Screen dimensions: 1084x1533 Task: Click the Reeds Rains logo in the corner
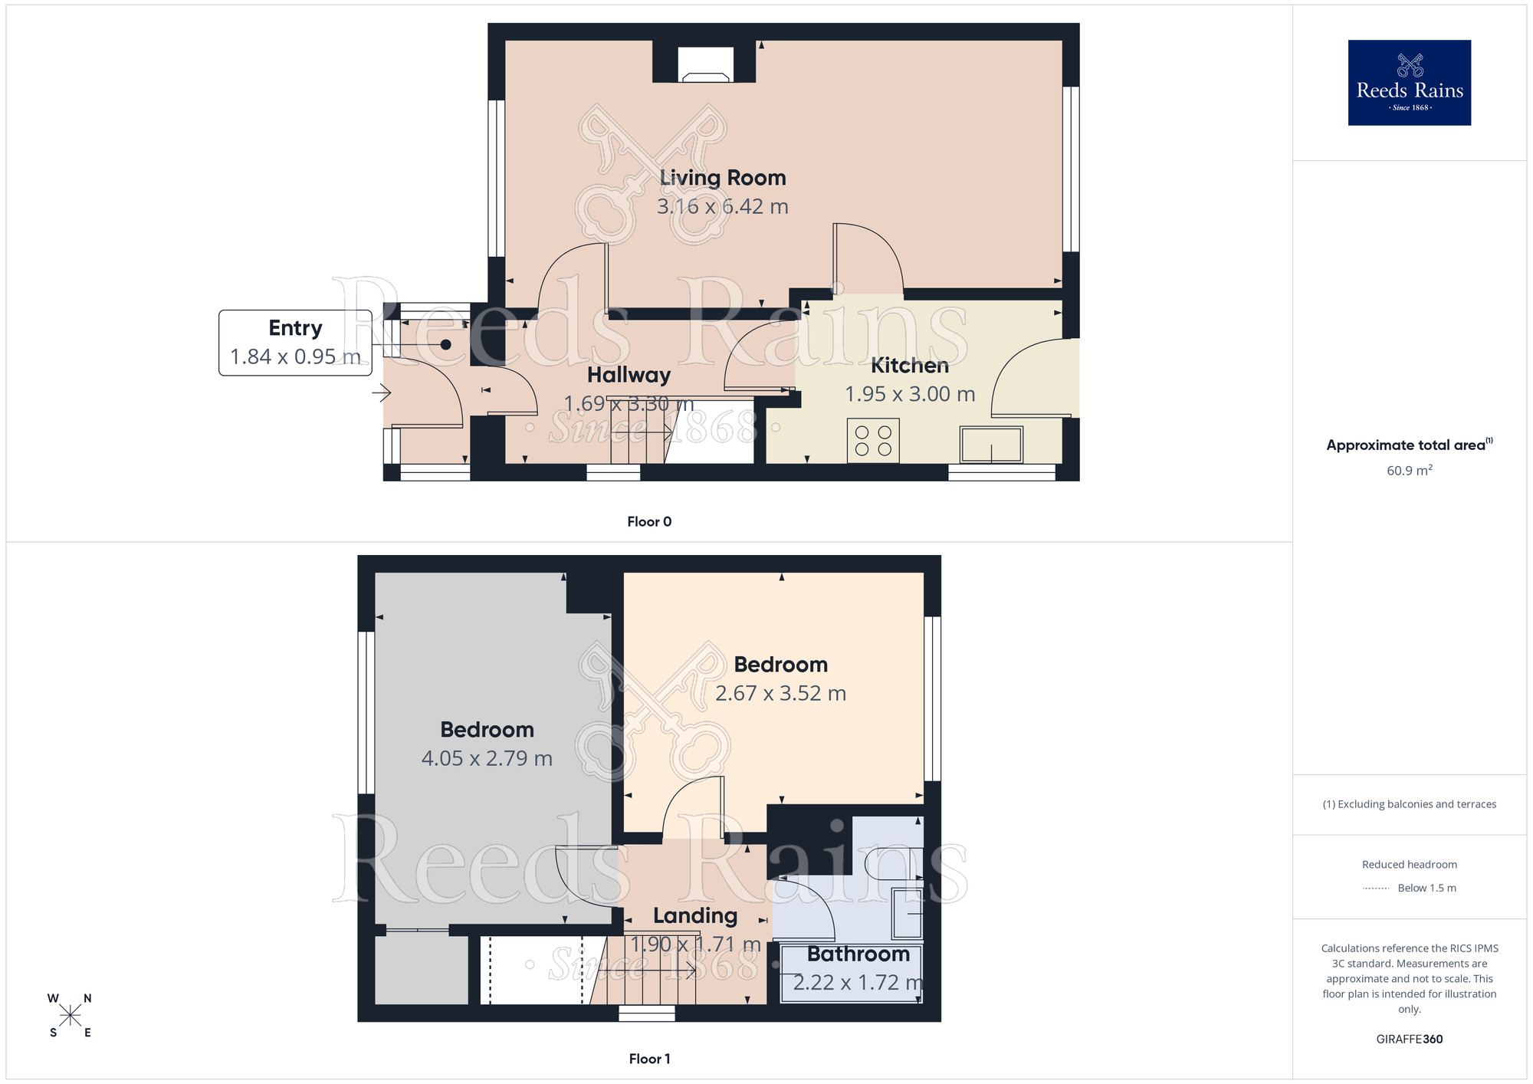coord(1409,83)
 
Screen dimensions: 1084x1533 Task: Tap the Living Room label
coord(723,178)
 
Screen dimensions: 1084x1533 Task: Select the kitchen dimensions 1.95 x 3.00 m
coord(910,394)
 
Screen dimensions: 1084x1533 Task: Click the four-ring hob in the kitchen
coord(873,441)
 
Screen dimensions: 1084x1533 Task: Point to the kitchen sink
coord(991,445)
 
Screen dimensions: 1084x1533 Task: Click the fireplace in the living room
coord(705,67)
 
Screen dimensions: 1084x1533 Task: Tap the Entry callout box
coord(295,343)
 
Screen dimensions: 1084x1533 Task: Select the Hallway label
coord(629,375)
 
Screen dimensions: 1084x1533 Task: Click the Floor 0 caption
coord(649,522)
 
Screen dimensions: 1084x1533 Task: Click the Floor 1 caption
coord(649,1059)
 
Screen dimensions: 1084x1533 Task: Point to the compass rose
coord(70,1016)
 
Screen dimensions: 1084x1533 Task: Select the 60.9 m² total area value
coord(1409,471)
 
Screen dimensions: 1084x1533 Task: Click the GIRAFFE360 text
coord(1409,1040)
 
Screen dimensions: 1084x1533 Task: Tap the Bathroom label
coord(858,954)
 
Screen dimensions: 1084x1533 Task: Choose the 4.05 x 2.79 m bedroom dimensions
coord(487,758)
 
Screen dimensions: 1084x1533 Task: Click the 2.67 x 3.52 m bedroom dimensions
coord(780,693)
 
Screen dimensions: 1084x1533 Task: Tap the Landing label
coord(695,915)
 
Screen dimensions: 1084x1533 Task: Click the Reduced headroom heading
coord(1409,865)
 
